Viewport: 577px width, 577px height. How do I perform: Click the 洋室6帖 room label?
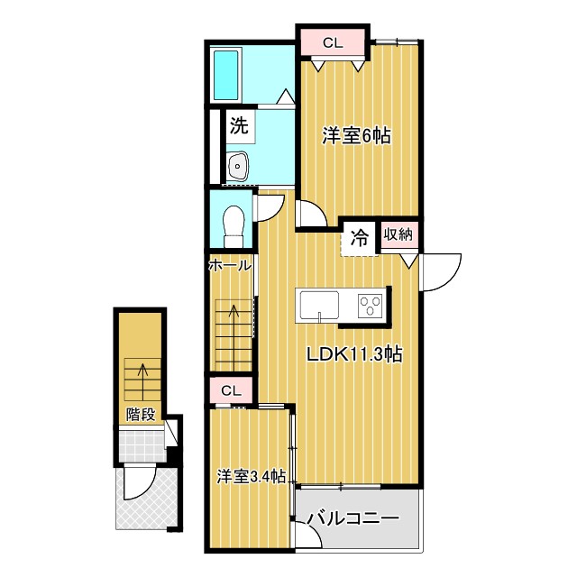pyautogui.click(x=356, y=136)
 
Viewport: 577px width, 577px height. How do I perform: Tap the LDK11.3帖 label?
pyautogui.click(x=353, y=354)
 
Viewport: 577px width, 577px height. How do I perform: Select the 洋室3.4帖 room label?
pyautogui.click(x=252, y=476)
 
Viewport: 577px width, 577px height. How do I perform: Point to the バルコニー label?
pyautogui.click(x=353, y=519)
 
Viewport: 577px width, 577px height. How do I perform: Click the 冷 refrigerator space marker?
pyautogui.click(x=359, y=239)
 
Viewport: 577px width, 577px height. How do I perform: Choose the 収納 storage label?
pyautogui.click(x=398, y=235)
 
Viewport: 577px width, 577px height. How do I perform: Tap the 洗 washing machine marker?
pyautogui.click(x=238, y=125)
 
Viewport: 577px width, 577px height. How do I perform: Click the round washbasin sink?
pyautogui.click(x=239, y=166)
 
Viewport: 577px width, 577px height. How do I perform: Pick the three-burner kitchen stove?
pyautogui.click(x=371, y=305)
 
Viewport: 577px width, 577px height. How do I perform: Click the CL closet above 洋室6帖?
pyautogui.click(x=333, y=41)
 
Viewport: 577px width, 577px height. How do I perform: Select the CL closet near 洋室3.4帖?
pyautogui.click(x=231, y=390)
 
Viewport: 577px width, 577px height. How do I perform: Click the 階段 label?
pyautogui.click(x=140, y=415)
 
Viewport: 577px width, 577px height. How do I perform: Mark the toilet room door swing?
pyautogui.click(x=268, y=206)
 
